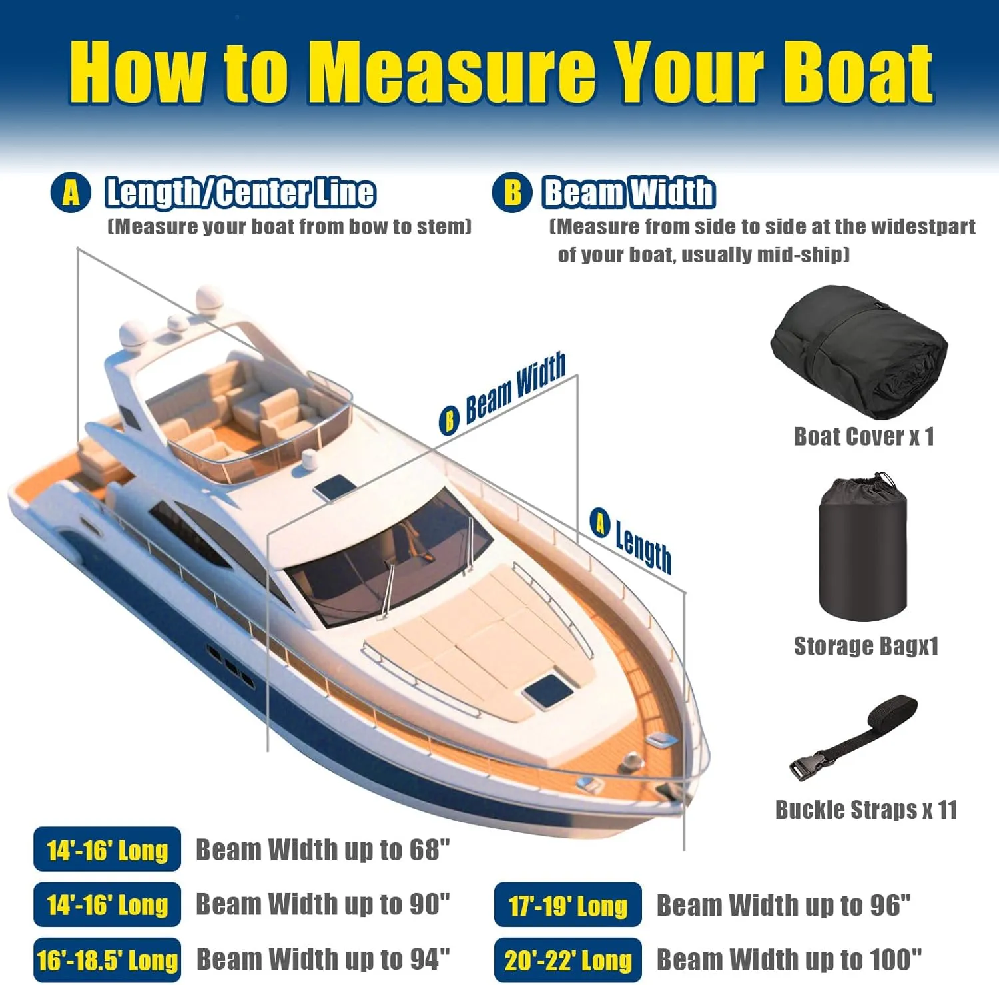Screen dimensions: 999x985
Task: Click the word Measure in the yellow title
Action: [453, 72]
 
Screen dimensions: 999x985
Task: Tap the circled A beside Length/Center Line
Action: [71, 193]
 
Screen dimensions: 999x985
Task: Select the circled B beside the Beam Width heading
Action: [512, 193]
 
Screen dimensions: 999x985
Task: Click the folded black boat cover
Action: [859, 352]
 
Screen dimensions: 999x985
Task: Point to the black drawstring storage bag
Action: [863, 547]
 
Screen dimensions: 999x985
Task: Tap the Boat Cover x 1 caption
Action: [864, 436]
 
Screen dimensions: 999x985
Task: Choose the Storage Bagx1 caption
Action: [866, 646]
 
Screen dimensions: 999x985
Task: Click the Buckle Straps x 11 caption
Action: [866, 809]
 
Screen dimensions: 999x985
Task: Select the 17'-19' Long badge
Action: [568, 904]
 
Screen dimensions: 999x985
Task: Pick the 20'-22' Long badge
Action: [568, 960]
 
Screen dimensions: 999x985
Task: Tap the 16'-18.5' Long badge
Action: [107, 960]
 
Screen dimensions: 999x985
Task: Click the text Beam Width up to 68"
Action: [323, 850]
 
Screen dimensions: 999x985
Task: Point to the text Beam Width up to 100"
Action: [789, 960]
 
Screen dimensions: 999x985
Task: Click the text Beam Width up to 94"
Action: [323, 960]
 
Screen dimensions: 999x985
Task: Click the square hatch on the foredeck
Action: [547, 690]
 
